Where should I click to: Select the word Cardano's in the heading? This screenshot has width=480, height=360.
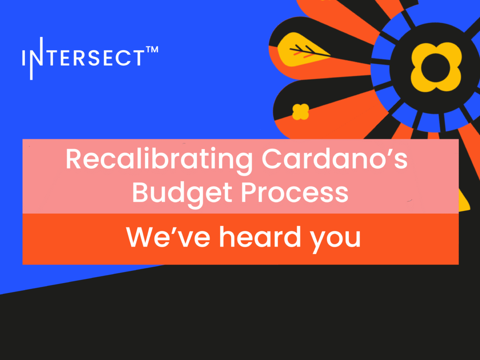coord(335,159)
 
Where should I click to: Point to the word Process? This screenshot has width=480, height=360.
coord(295,193)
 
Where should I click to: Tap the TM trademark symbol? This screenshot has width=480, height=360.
coord(152,50)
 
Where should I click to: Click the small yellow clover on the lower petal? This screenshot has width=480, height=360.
coord(300,112)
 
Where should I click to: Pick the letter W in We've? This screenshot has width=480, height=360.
coord(143,237)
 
